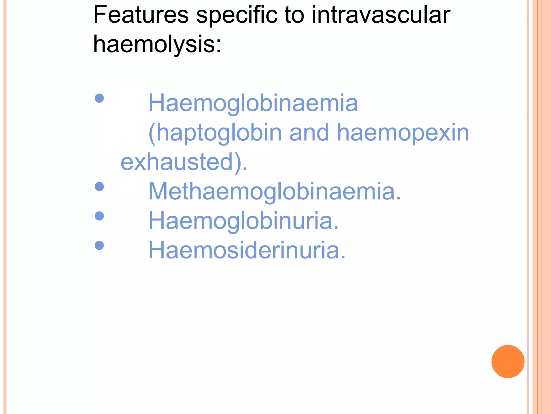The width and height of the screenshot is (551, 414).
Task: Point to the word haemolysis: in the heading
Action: click(157, 44)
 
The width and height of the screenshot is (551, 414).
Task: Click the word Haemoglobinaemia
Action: click(253, 103)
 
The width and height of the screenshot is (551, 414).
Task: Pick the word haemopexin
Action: click(403, 133)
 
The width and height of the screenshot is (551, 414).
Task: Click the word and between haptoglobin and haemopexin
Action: click(309, 133)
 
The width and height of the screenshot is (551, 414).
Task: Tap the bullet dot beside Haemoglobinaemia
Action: click(99, 98)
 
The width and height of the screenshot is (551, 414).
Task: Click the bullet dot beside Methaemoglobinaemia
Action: click(99, 187)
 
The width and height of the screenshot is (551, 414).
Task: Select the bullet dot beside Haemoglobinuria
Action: click(99, 216)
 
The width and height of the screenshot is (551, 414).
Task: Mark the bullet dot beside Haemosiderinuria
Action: click(99, 245)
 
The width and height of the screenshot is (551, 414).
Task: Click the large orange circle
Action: click(508, 361)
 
